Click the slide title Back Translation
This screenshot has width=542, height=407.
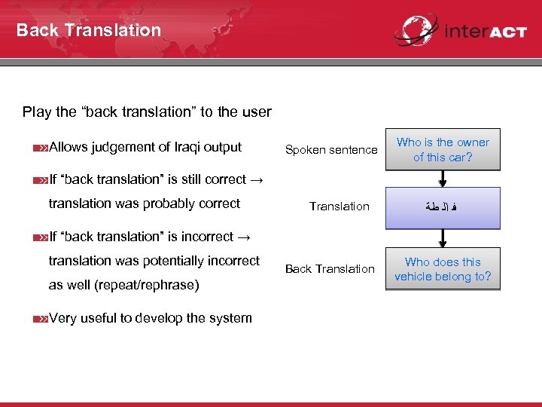pyautogui.click(x=89, y=30)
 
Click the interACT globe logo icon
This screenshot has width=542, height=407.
pyautogui.click(x=416, y=30)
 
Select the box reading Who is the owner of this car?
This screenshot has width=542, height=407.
pyautogui.click(x=443, y=149)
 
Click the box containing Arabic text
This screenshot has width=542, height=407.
pyautogui.click(x=443, y=207)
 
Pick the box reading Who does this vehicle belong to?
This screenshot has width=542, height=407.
pyautogui.click(x=443, y=269)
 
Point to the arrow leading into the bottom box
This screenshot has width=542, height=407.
pyautogui.click(x=443, y=238)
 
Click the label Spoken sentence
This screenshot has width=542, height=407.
pyautogui.click(x=331, y=150)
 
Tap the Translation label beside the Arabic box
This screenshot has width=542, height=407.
pyautogui.click(x=340, y=207)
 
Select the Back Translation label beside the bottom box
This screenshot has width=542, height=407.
pyautogui.click(x=330, y=269)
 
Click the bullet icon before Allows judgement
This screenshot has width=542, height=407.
pyautogui.click(x=41, y=148)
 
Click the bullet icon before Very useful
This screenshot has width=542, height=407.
pyautogui.click(x=41, y=319)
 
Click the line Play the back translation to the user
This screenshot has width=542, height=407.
pyautogui.click(x=147, y=112)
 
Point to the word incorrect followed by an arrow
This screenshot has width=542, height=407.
pyautogui.click(x=205, y=237)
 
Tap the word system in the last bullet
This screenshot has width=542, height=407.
pyautogui.click(x=231, y=318)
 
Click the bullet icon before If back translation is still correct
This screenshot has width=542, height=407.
pyautogui.click(x=41, y=180)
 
